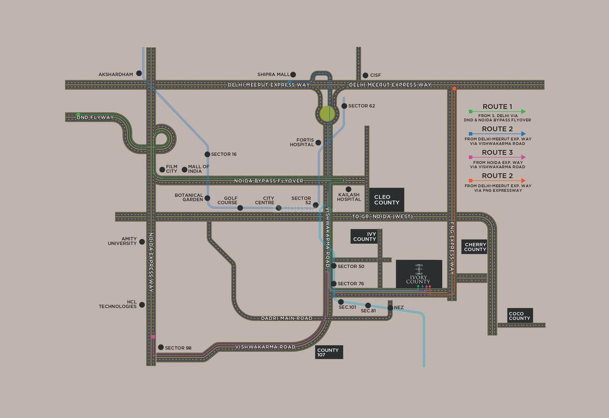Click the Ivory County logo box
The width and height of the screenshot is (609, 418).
(x=418, y=274)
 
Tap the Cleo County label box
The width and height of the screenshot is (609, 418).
(x=386, y=200)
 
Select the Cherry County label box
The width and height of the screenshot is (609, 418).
(x=475, y=247)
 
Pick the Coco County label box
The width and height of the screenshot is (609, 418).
(x=520, y=316)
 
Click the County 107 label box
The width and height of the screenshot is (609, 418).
(x=329, y=352)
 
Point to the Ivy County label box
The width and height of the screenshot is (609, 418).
(x=364, y=236)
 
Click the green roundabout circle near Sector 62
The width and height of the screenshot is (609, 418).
(x=327, y=114)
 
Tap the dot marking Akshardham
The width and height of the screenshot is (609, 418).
(x=139, y=74)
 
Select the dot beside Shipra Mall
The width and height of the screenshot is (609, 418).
(x=293, y=75)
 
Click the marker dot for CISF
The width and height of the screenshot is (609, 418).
(x=365, y=76)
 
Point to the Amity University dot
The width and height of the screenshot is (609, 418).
(x=142, y=242)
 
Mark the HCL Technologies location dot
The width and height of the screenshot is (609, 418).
(x=142, y=305)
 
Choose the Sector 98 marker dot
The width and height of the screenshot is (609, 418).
(x=161, y=347)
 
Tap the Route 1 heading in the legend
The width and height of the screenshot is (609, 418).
(x=497, y=107)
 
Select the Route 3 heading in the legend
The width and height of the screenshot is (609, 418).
(x=497, y=153)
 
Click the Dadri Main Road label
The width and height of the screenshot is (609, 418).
(x=287, y=318)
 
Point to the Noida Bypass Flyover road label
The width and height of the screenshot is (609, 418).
(x=268, y=181)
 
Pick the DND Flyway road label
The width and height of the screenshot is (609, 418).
(x=95, y=118)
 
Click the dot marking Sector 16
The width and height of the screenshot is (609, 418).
(x=207, y=154)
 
